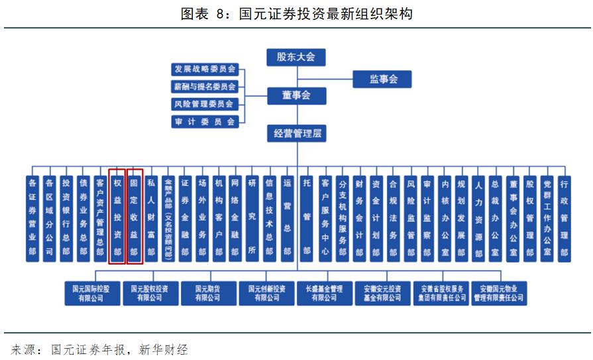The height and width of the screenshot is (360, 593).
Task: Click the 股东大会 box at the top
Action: pyautogui.click(x=296, y=57)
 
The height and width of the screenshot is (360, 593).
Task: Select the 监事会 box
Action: pyautogui.click(x=382, y=80)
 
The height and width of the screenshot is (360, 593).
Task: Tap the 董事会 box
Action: pyautogui.click(x=296, y=95)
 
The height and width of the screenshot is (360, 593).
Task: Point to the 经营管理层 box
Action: pyautogui.click(x=297, y=133)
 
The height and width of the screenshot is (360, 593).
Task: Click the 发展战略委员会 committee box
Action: pyautogui.click(x=205, y=69)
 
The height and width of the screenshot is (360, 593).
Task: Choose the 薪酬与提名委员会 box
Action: pyautogui.click(x=205, y=86)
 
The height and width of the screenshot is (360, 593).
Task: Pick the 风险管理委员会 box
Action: pyautogui.click(x=205, y=104)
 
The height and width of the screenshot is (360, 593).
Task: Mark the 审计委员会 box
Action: pyautogui.click(x=205, y=121)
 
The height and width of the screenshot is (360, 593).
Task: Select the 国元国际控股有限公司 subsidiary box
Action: pyautogui.click(x=92, y=293)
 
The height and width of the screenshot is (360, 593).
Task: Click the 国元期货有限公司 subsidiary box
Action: pyautogui.click(x=207, y=293)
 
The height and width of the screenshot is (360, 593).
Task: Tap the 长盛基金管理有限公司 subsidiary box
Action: pyautogui.click(x=324, y=293)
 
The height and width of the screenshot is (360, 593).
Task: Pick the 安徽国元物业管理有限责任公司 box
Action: pyautogui.click(x=499, y=293)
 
